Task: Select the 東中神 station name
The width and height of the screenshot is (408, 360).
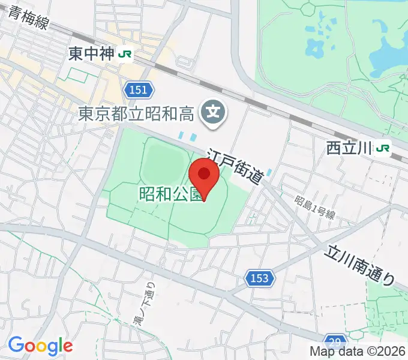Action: pyautogui.click(x=91, y=54)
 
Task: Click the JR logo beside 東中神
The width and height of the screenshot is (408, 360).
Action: pyautogui.click(x=125, y=54)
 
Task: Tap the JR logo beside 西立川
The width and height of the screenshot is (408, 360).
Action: pyautogui.click(x=383, y=147)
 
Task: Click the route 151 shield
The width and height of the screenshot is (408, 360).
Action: pyautogui.click(x=139, y=89)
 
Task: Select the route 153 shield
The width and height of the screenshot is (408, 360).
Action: pyautogui.click(x=259, y=278)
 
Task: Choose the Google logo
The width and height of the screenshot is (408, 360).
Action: pyautogui.click(x=40, y=346)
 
